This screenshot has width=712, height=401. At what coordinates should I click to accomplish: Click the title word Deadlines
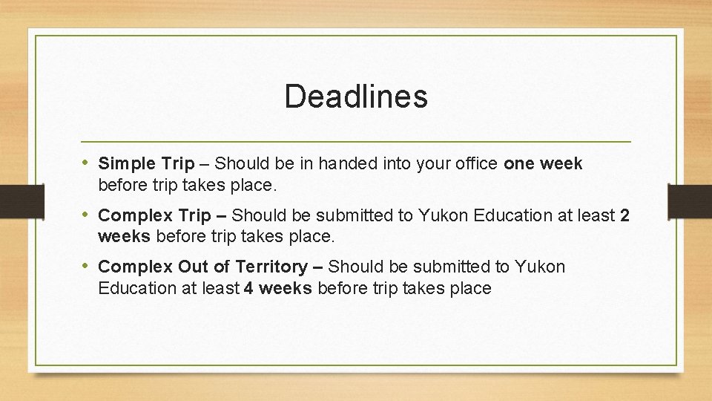pos(356,97)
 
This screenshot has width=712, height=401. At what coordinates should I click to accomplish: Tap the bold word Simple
pos(127,163)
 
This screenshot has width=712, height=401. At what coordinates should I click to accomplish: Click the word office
pos(474,163)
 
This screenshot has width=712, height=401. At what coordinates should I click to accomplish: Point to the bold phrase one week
pos(543,163)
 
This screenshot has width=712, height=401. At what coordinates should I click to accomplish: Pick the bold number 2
pos(624,216)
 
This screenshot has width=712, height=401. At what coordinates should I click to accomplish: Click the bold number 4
pos(248,288)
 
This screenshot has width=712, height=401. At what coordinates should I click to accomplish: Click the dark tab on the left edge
pos(13,200)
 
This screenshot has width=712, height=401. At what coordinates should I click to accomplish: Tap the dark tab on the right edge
pos(690,200)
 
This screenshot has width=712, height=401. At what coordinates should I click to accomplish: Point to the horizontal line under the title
pos(356,141)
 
